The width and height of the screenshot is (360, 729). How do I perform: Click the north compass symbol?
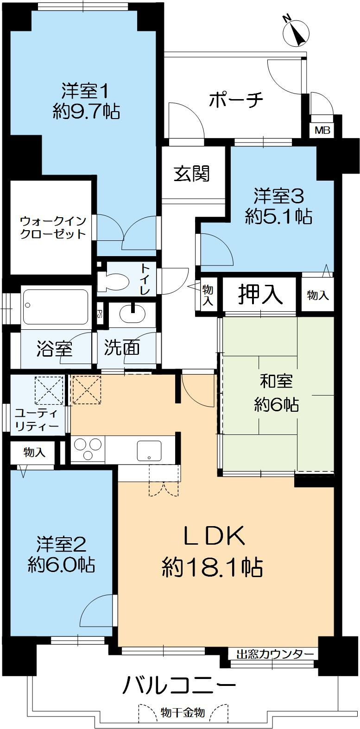click(x=296, y=31)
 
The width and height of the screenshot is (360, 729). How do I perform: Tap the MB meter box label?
click(x=322, y=131)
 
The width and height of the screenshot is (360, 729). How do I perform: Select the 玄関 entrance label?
click(x=192, y=173)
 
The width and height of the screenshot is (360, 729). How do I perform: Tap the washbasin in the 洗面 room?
click(x=133, y=314)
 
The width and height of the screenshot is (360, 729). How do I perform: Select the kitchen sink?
click(x=149, y=450)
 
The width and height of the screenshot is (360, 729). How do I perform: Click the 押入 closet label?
click(x=260, y=295)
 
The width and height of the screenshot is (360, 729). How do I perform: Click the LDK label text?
click(x=213, y=538)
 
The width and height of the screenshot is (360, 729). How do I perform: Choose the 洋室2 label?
click(x=62, y=543)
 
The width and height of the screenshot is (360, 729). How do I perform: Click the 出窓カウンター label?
click(x=275, y=654)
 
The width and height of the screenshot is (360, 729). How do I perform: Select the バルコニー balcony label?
click(x=179, y=685)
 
